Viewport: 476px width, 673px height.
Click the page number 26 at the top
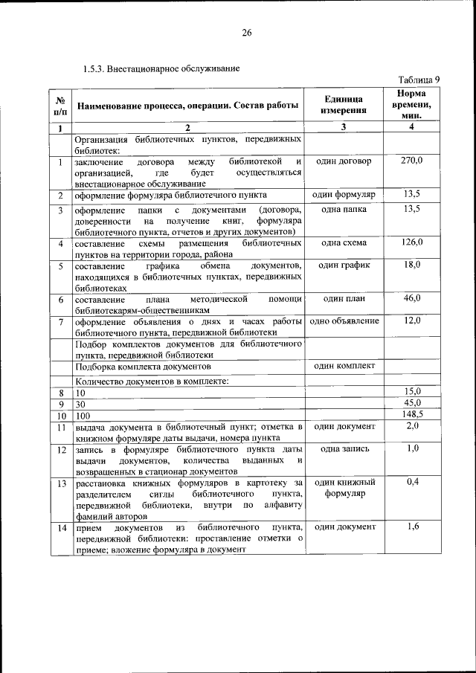click(x=247, y=33)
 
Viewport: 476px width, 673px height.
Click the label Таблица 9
click(x=419, y=80)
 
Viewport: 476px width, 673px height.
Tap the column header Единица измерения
click(x=344, y=105)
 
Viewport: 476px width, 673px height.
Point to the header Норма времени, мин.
click(x=411, y=105)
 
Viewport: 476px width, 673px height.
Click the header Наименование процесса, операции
click(x=187, y=106)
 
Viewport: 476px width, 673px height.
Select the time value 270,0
click(x=411, y=161)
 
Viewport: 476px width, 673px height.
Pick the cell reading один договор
click(x=344, y=161)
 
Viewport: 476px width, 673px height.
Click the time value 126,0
click(x=411, y=242)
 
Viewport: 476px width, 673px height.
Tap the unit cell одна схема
click(x=344, y=242)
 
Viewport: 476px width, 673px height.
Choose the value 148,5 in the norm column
click(x=411, y=414)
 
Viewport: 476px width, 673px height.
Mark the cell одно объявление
click(x=344, y=321)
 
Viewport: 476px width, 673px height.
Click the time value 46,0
click(x=411, y=298)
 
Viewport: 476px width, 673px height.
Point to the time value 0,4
click(x=411, y=483)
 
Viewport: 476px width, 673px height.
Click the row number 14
click(x=59, y=527)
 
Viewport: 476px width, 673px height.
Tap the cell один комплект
click(x=344, y=366)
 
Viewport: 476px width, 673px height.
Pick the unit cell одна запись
click(x=344, y=448)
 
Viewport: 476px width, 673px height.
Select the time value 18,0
click(x=411, y=265)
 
